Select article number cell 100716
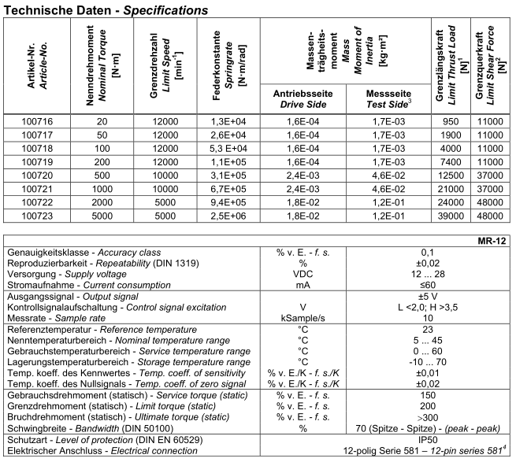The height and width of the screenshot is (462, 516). [35, 122]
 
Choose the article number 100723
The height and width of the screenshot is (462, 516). [35, 215]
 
